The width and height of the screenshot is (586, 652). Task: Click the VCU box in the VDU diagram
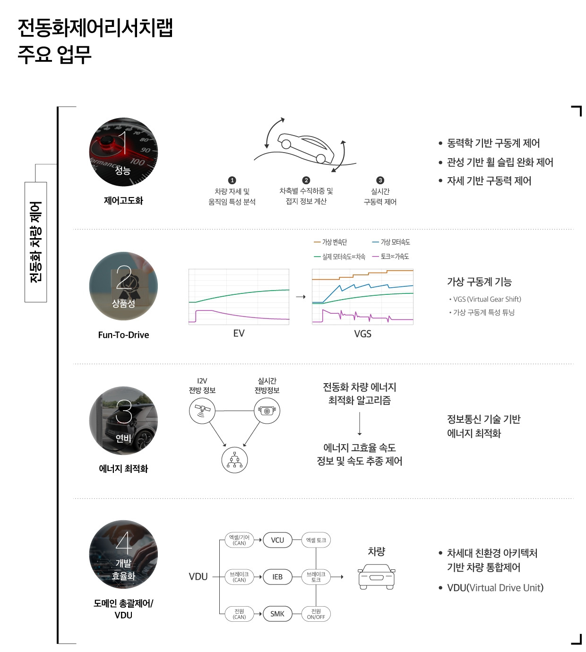click(277, 540)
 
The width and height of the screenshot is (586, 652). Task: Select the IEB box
click(277, 577)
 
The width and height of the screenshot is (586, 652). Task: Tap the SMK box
click(277, 614)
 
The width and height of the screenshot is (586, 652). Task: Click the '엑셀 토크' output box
click(316, 540)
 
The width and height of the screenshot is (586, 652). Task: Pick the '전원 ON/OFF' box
click(316, 614)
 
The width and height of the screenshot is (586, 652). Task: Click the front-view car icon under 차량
click(376, 577)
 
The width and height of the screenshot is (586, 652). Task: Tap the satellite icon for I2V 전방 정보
click(202, 410)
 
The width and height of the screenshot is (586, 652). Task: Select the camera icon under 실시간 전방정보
click(267, 411)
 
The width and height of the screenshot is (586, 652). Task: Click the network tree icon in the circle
click(234, 460)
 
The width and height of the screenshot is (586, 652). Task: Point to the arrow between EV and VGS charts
click(301, 297)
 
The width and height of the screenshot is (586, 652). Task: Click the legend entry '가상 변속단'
click(330, 242)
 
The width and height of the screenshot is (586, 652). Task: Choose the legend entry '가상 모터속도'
click(391, 242)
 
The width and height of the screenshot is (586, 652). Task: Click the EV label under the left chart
click(239, 334)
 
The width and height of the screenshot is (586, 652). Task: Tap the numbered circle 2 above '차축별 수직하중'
click(306, 180)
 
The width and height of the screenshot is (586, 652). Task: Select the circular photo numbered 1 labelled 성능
click(123, 152)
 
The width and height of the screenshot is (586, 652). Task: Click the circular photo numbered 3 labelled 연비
click(123, 420)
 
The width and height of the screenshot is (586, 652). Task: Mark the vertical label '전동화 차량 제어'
click(36, 241)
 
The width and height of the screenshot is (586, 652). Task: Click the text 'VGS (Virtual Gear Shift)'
click(487, 299)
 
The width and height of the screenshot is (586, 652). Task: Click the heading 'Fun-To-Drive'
click(123, 335)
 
